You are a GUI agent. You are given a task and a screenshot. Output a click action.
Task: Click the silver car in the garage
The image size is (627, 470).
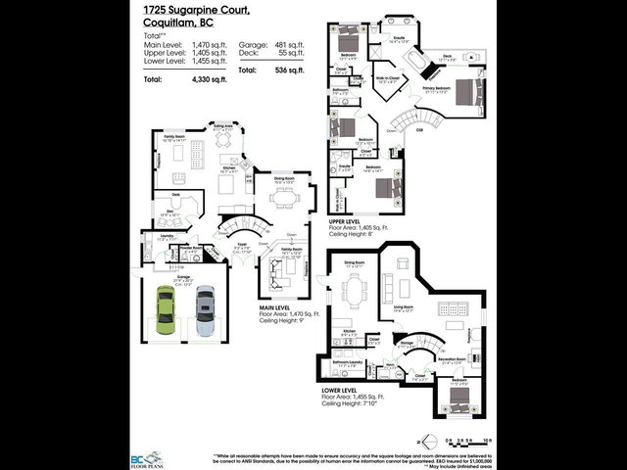[204, 310]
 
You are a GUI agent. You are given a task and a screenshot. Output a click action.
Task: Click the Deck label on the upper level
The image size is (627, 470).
[446, 57]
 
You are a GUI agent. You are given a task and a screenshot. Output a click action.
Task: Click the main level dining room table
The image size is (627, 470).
[285, 198]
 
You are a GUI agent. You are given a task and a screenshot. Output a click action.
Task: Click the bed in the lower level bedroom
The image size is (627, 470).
[460, 397]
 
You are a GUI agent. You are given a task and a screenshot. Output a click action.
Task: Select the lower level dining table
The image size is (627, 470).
[353, 290]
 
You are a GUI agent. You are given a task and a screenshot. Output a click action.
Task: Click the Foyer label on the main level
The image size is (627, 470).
[242, 248]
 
